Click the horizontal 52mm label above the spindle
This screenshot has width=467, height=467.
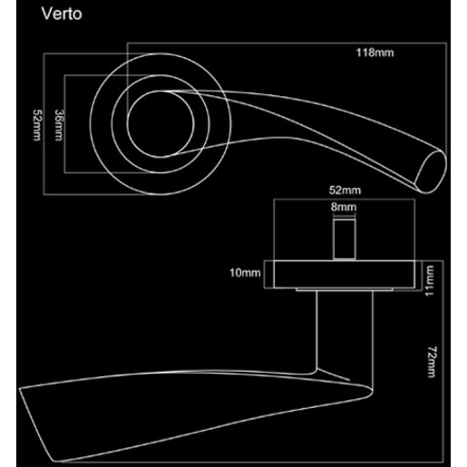click(x=345, y=190)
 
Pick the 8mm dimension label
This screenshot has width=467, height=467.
click(x=345, y=208)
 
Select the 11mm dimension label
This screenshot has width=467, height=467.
click(x=433, y=278)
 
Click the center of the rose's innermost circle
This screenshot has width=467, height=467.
click(x=157, y=124)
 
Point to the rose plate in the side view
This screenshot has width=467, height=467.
click(x=345, y=274)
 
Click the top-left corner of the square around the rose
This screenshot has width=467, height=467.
click(x=45, y=54)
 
